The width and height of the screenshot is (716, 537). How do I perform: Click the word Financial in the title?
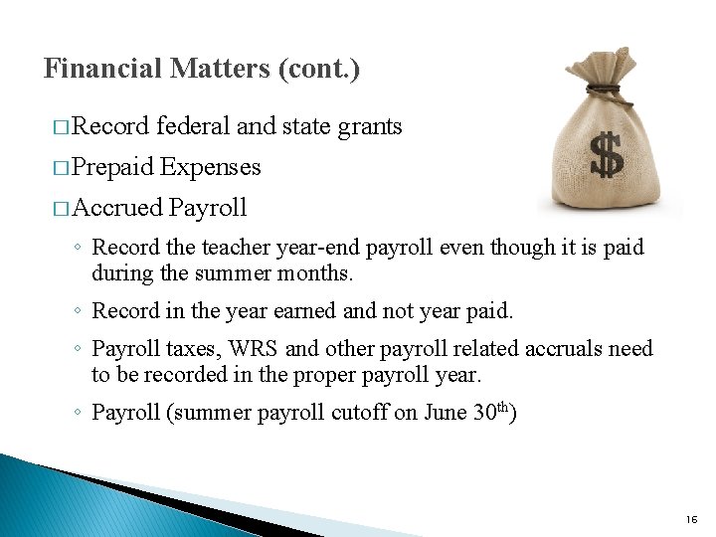(x=103, y=69)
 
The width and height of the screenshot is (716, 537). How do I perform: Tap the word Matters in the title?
(x=220, y=69)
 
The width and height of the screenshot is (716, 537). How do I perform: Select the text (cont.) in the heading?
(x=319, y=69)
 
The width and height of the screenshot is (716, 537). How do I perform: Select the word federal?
(x=193, y=126)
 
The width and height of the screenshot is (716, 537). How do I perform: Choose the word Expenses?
(x=210, y=167)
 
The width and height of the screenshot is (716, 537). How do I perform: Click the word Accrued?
(x=117, y=208)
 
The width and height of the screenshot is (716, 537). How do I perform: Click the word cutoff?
(x=355, y=413)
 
